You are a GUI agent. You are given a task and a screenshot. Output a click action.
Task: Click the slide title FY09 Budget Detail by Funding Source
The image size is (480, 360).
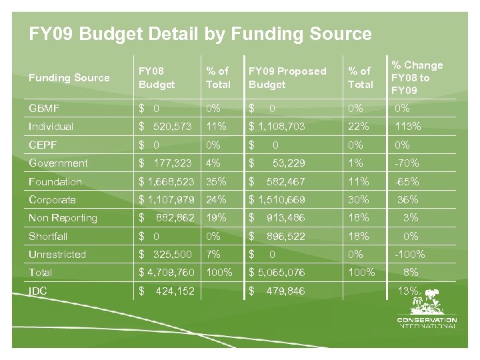(x=200, y=34)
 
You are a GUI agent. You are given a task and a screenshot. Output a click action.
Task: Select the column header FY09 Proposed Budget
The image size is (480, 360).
(x=287, y=78)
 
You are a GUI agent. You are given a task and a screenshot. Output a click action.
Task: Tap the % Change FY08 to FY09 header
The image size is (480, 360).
(x=417, y=77)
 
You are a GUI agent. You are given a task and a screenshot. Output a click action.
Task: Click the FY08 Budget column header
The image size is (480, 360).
(x=157, y=78)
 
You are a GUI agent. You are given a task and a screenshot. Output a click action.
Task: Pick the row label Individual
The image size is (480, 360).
(x=51, y=127)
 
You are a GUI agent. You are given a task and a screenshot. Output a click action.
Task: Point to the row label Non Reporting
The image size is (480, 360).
(x=63, y=218)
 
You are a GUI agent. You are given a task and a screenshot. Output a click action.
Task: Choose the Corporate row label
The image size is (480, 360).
(x=52, y=199)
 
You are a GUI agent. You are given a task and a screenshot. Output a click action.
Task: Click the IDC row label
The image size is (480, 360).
(x=39, y=291)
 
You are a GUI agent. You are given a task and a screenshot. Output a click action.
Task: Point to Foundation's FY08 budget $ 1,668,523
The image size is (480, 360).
(x=167, y=181)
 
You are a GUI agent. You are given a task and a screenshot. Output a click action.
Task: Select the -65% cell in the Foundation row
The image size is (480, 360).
(x=407, y=181)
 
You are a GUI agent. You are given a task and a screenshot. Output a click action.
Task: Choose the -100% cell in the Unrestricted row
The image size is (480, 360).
(x=409, y=254)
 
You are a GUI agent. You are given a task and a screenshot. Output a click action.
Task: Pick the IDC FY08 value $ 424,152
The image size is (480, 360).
(x=167, y=291)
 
